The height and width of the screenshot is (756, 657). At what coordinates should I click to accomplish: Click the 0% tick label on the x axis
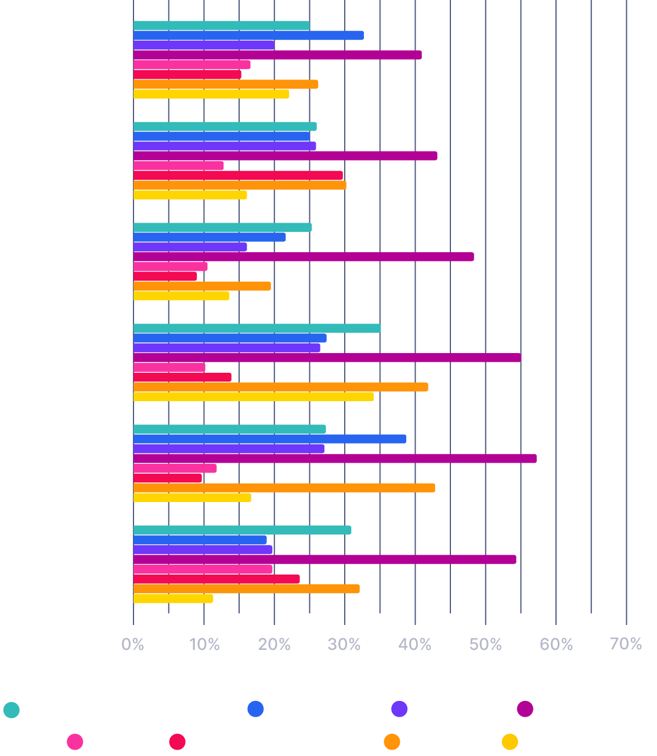pyautogui.click(x=133, y=644)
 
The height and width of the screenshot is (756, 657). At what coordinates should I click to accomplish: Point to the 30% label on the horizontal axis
pyautogui.click(x=345, y=644)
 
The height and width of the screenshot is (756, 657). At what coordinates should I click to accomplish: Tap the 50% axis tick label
pyautogui.click(x=486, y=644)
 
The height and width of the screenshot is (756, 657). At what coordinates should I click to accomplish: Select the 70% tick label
pyautogui.click(x=626, y=644)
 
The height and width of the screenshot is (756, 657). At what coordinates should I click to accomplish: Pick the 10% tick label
pyautogui.click(x=204, y=644)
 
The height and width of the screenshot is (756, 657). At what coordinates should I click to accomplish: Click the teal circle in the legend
pyautogui.click(x=12, y=710)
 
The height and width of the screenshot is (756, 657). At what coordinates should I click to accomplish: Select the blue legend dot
pyautogui.click(x=255, y=708)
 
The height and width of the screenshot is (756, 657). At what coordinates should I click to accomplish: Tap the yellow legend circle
pyautogui.click(x=510, y=742)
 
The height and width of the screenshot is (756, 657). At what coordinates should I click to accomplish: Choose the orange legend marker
pyautogui.click(x=392, y=742)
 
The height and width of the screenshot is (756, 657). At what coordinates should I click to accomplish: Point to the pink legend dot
pyautogui.click(x=75, y=742)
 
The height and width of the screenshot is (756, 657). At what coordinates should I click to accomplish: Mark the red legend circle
pyautogui.click(x=177, y=742)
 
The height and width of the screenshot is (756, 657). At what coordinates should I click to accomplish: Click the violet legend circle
pyautogui.click(x=399, y=708)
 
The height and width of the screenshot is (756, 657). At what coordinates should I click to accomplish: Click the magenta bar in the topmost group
pyautogui.click(x=277, y=55)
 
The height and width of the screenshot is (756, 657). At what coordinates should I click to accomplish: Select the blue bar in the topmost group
pyautogui.click(x=248, y=35)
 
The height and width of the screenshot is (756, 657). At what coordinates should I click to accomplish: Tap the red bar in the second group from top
pyautogui.click(x=238, y=175)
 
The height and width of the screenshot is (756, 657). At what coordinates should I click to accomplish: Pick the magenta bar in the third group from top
pyautogui.click(x=304, y=257)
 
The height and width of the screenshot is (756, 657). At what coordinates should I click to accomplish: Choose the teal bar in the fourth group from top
pyautogui.click(x=257, y=328)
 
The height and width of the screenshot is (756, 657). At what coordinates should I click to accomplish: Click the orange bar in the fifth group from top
pyautogui.click(x=284, y=488)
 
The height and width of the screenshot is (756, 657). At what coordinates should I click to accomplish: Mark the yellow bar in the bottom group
pyautogui.click(x=173, y=599)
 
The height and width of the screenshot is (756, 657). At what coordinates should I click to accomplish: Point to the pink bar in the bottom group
pyautogui.click(x=203, y=569)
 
